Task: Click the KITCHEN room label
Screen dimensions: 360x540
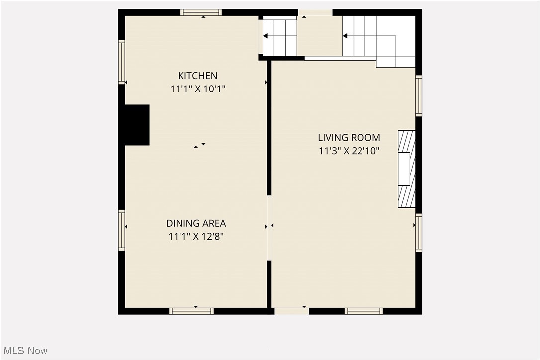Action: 197,76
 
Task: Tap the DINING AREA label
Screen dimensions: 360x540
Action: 196,223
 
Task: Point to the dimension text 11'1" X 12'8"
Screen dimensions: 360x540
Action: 196,237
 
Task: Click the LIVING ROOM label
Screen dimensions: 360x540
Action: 349,137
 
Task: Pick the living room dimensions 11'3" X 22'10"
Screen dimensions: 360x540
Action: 349,151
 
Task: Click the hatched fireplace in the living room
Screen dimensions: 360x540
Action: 406,169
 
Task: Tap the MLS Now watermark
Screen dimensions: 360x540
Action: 24,350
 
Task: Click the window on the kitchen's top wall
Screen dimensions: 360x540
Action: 201,12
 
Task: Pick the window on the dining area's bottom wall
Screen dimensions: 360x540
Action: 191,311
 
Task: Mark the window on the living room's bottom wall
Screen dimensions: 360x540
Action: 363,311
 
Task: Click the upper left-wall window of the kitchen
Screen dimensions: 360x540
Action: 121,62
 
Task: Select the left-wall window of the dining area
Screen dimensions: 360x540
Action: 121,230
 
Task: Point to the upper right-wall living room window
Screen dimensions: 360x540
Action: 419,95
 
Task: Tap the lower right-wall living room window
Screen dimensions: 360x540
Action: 419,233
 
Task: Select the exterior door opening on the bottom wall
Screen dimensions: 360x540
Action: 291,311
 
